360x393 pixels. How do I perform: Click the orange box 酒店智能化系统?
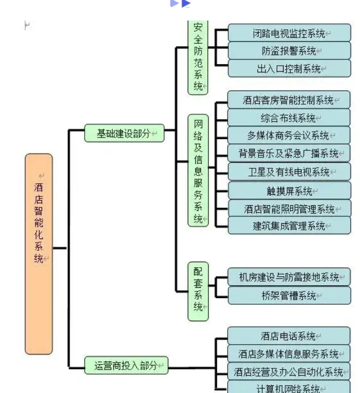38,253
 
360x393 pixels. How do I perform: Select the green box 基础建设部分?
125,133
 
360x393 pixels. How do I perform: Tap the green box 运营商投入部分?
126,366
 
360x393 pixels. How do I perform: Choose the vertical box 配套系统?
198,291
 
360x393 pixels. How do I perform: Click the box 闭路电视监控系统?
289,33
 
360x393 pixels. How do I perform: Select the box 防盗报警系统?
289,51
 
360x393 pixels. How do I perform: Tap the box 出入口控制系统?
289,69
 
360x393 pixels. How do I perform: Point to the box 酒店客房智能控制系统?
289,100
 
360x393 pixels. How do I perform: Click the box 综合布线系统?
289,117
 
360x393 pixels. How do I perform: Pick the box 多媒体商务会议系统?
289,135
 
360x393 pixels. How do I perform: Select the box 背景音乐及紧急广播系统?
289,153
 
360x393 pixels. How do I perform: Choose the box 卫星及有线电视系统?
289,172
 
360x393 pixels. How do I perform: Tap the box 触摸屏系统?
289,191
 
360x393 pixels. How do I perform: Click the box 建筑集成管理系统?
289,226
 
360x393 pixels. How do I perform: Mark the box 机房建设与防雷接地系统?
289,277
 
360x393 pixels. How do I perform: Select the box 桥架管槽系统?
289,296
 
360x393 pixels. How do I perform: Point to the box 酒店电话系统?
289,336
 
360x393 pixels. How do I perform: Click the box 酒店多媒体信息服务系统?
289,354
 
